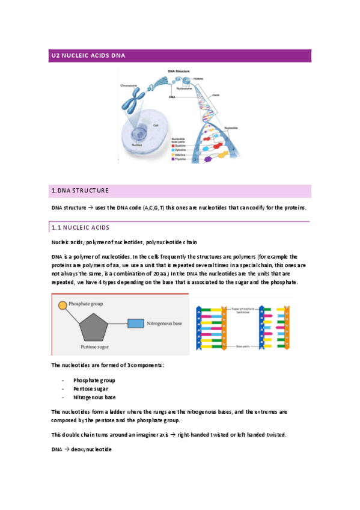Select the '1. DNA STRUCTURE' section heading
pos(80,191)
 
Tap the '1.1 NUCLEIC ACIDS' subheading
pos(80,228)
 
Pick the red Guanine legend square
pos(173,145)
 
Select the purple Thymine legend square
pos(173,159)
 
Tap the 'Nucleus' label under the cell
pos(136,145)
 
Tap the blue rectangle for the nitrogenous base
pos(136,324)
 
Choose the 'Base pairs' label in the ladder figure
pos(243,347)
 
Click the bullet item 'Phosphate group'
pos(94,380)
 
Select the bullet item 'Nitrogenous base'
pos(94,397)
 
